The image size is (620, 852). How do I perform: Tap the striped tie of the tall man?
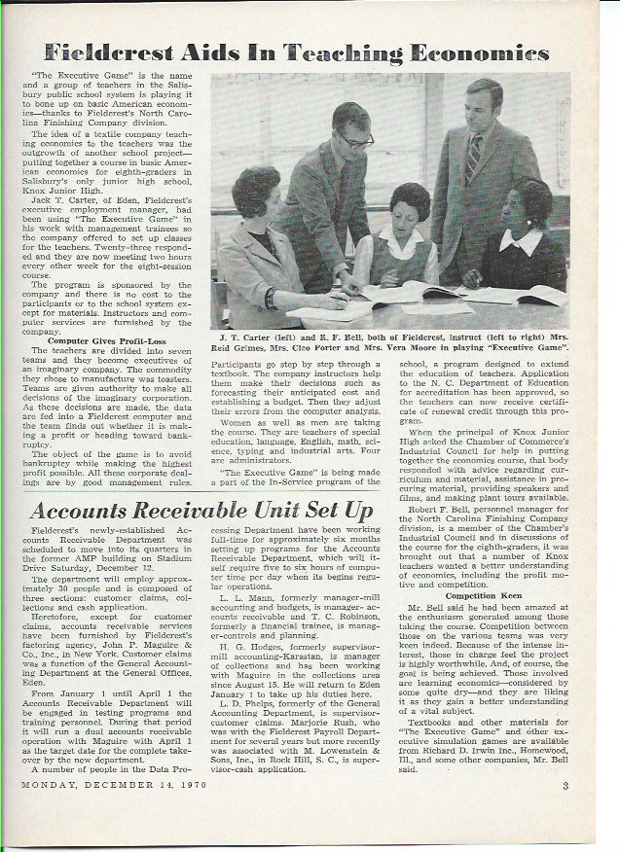click(473, 159)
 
